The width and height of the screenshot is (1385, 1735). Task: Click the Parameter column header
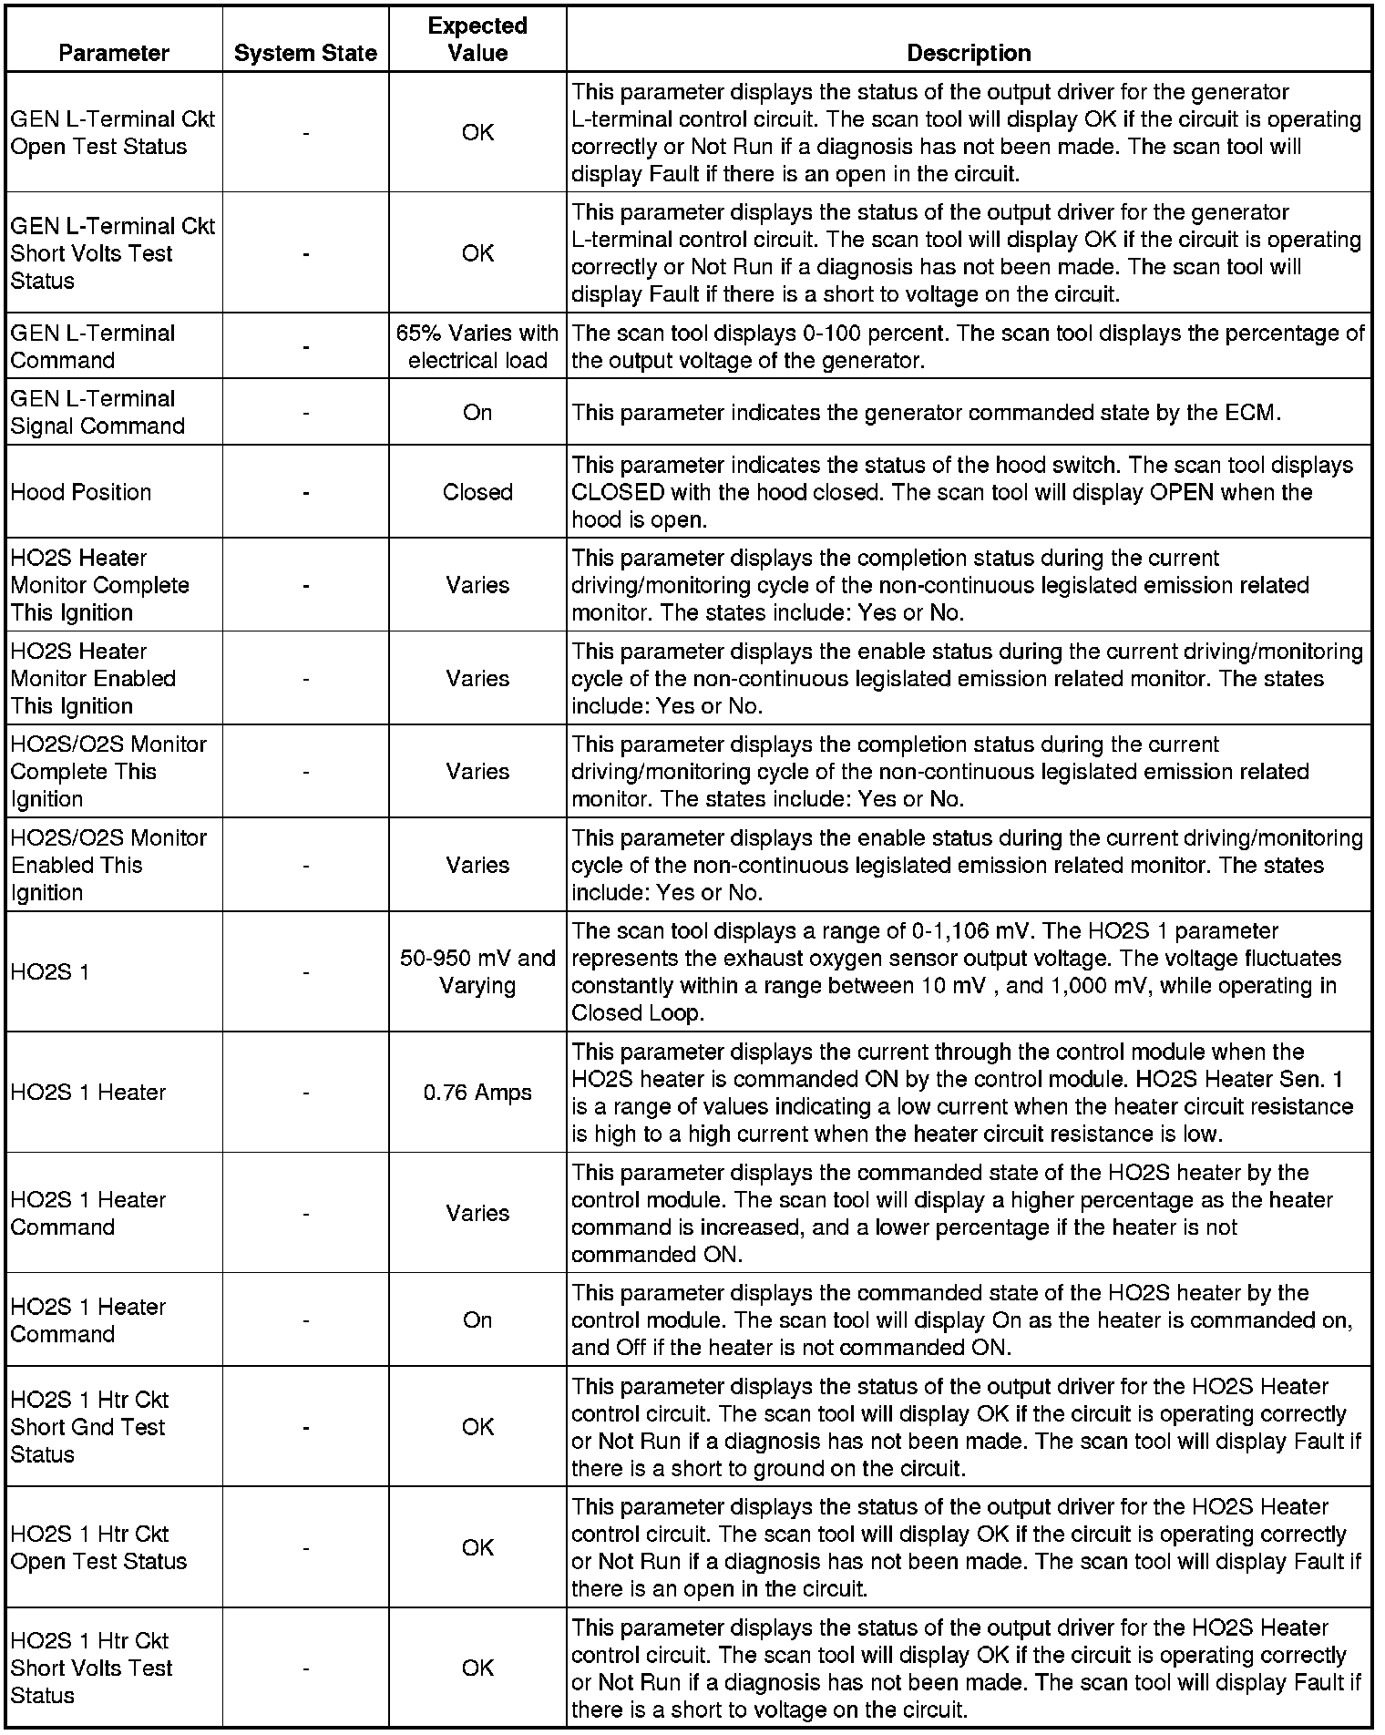[113, 53]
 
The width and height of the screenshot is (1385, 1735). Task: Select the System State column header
[305, 53]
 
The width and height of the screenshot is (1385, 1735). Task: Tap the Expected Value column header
[477, 39]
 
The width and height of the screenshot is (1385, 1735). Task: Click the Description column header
[969, 53]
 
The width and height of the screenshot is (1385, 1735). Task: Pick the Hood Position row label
[81, 492]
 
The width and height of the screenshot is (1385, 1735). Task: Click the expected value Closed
[477, 492]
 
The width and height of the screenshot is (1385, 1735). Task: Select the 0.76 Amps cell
[477, 1092]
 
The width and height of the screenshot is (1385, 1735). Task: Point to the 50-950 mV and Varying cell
[477, 971]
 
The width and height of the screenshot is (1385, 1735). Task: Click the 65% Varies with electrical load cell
[477, 346]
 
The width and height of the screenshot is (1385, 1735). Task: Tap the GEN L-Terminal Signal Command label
[97, 412]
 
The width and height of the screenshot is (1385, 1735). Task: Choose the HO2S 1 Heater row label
[88, 1092]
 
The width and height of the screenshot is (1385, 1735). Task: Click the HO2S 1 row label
[50, 971]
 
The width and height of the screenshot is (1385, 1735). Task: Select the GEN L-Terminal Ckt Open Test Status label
[112, 132]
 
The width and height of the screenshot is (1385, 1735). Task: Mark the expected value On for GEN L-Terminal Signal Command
[477, 412]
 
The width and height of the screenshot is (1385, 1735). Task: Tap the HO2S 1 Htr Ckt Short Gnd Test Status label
[89, 1427]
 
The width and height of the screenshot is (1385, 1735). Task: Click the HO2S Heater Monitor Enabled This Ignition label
[93, 678]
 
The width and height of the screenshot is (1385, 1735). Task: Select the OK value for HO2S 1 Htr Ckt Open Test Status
[477, 1547]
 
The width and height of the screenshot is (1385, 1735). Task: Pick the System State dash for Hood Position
[305, 492]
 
